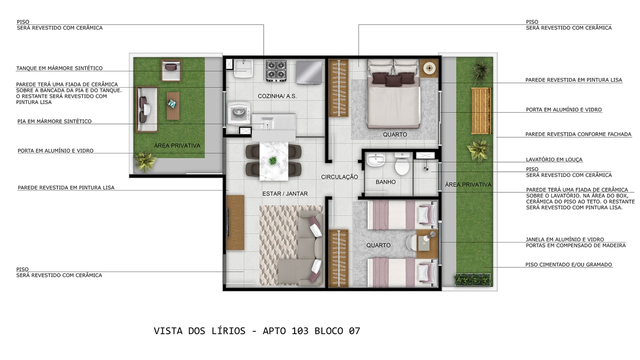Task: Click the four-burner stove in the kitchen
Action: click(276, 70)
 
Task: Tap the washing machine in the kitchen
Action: click(239, 114)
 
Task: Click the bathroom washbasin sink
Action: click(376, 160)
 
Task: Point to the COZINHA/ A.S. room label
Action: click(277, 96)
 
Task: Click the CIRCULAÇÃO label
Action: click(339, 177)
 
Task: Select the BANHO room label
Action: click(385, 182)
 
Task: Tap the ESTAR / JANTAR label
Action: click(285, 194)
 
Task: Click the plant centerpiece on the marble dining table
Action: click(273, 161)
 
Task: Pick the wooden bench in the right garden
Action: click(481, 111)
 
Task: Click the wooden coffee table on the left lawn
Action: click(173, 106)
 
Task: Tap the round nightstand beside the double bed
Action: click(429, 68)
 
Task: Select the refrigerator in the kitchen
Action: click(309, 73)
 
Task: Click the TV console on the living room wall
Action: click(235, 222)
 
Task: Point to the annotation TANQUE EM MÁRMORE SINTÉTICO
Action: click(60, 68)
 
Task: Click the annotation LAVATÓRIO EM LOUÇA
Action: click(554, 160)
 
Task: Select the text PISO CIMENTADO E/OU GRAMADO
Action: click(569, 265)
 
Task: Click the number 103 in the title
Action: click(300, 331)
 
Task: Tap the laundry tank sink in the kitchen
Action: click(244, 69)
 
